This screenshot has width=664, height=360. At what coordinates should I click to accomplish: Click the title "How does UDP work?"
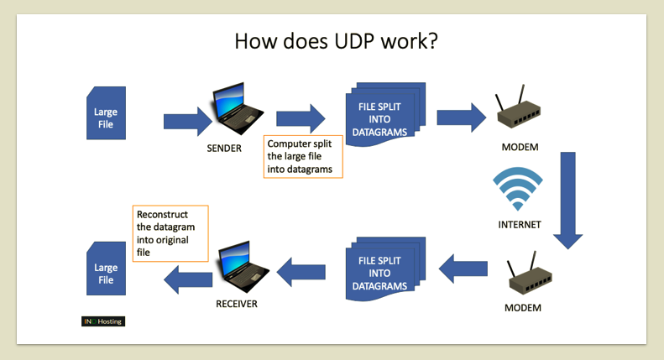335,41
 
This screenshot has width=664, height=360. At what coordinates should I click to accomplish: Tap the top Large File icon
106,117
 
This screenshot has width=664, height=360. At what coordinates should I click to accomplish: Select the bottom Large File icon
106,268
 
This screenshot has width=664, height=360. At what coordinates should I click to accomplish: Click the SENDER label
223,149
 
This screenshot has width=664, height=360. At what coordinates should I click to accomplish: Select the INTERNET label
520,224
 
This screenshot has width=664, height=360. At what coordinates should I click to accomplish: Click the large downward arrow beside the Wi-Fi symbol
567,200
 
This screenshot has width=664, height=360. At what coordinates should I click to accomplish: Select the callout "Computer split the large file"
303,156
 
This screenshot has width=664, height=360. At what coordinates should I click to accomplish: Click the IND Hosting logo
103,321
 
